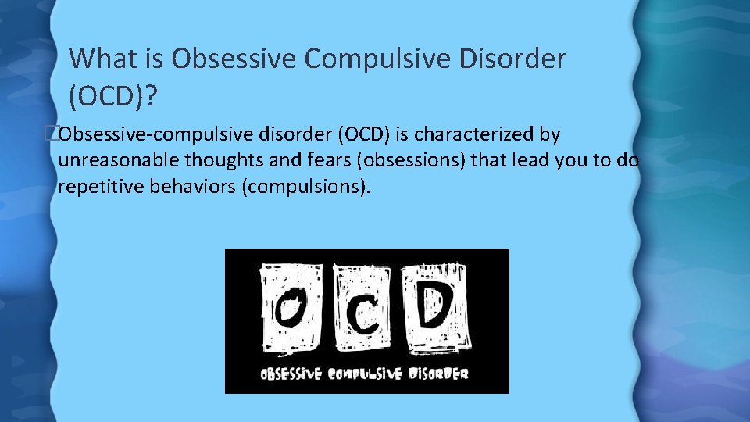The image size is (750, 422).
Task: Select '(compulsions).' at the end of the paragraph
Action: point(306,188)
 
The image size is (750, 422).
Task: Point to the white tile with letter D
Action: point(433,307)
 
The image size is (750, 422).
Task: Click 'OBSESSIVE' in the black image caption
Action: point(291,374)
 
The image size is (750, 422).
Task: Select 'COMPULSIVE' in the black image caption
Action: point(365,374)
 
